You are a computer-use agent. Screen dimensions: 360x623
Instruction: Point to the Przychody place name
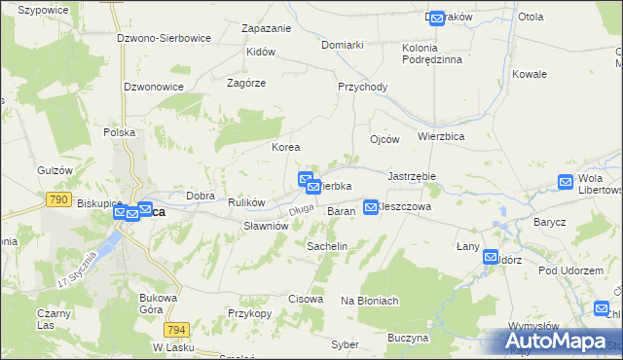[362, 87]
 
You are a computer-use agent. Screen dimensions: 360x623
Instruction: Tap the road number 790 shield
[57, 199]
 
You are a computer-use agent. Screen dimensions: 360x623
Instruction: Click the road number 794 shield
[176, 329]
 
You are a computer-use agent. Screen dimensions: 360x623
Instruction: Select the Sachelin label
[327, 247]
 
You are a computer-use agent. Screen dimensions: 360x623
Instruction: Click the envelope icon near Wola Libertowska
[566, 181]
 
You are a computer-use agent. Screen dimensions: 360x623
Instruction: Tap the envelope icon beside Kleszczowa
[371, 206]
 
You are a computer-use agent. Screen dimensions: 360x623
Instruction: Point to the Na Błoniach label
[370, 301]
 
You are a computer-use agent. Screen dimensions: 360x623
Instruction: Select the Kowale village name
[530, 74]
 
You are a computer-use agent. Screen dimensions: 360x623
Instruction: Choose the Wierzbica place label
[440, 137]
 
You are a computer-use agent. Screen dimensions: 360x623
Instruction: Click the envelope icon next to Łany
[492, 257]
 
